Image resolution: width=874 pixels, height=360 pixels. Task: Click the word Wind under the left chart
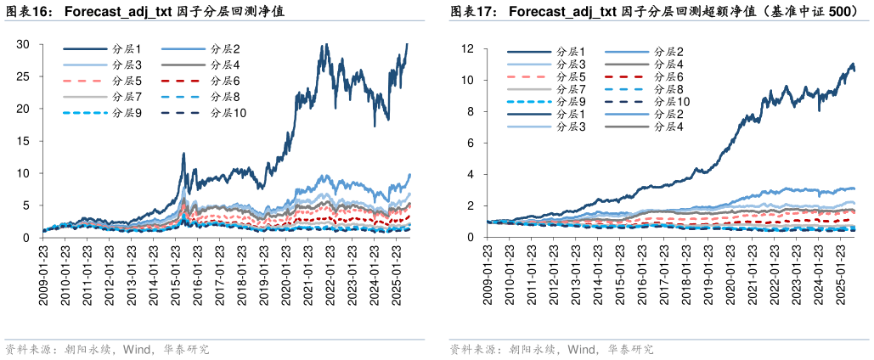click(x=138, y=349)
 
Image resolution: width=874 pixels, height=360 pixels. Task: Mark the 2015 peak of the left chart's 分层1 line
click(x=183, y=155)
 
